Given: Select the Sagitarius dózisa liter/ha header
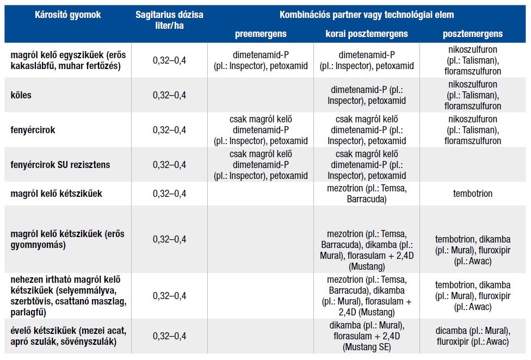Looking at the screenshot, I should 169,20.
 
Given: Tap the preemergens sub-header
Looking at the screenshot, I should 260,34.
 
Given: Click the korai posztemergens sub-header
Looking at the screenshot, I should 366,34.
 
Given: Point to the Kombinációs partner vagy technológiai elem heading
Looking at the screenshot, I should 367,15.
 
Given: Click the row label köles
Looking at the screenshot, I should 21,95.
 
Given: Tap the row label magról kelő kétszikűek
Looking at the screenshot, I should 57,194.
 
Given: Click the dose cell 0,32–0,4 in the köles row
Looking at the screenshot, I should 169,95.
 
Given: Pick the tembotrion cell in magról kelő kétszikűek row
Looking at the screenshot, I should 472,194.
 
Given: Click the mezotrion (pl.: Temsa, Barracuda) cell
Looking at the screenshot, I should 366,194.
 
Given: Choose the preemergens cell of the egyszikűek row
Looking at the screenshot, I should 260,60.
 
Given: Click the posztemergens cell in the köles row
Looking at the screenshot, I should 472,95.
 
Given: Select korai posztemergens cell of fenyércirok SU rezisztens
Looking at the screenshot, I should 366,165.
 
